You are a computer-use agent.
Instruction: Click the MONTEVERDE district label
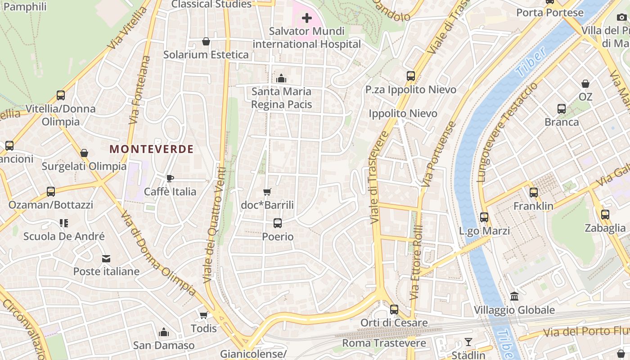(151, 149)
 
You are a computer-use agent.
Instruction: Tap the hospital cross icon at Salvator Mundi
(307, 18)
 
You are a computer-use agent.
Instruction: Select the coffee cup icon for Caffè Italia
(170, 179)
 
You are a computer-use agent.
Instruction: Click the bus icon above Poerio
(278, 223)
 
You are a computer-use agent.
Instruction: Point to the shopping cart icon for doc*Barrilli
(267, 192)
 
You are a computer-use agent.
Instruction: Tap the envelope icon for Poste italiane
(106, 259)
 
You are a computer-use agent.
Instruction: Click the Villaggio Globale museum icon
(514, 297)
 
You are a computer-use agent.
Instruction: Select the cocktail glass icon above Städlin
(468, 342)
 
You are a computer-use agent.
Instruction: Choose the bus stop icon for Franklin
(534, 193)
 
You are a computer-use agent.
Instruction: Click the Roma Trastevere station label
(384, 343)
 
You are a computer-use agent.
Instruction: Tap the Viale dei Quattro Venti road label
(215, 225)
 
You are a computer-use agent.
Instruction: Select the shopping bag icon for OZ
(585, 84)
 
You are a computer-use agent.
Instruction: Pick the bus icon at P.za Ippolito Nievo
(411, 76)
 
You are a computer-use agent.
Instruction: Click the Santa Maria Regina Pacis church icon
(281, 78)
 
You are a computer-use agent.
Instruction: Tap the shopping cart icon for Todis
(204, 315)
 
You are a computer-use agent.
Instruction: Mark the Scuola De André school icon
(64, 223)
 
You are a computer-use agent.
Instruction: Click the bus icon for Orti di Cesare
(394, 310)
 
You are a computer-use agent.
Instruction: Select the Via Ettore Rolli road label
(416, 263)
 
